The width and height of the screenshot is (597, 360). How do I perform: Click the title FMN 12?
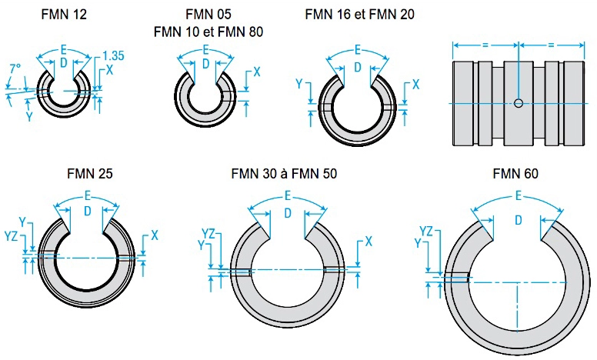[x=65, y=15]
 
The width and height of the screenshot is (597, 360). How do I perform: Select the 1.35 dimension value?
[x=113, y=55]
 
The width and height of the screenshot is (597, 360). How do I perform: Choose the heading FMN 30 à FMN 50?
[x=284, y=175]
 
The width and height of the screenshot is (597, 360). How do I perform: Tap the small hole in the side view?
[x=519, y=103]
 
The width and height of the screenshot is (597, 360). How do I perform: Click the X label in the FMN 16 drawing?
[x=415, y=83]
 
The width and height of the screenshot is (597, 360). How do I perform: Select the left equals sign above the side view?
[x=485, y=45]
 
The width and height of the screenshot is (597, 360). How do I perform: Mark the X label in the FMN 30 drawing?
[x=369, y=241]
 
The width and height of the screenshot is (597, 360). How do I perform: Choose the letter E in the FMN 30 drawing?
[x=287, y=195]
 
